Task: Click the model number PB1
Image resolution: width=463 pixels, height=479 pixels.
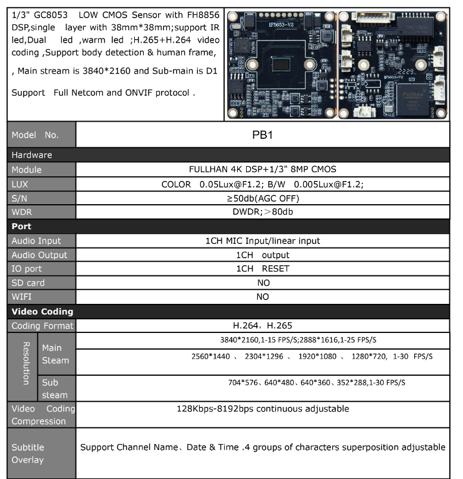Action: point(262,135)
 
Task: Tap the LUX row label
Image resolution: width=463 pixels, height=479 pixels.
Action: point(20,184)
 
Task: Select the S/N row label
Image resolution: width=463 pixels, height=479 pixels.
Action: point(19,198)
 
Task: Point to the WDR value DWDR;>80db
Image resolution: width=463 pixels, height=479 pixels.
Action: point(263,212)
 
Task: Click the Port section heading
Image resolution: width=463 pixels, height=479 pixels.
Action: point(21,226)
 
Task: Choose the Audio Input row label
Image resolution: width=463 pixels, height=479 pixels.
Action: point(36,241)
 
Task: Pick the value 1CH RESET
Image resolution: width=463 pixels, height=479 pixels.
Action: point(263,269)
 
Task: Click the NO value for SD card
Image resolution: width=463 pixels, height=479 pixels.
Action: point(263,283)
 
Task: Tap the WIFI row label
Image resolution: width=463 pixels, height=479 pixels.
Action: point(21,297)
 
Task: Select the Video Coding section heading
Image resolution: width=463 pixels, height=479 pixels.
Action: point(42,311)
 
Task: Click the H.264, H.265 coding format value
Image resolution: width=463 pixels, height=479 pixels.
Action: point(262,326)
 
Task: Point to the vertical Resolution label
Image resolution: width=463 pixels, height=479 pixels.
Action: point(26,363)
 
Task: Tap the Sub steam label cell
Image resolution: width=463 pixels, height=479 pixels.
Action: point(55,389)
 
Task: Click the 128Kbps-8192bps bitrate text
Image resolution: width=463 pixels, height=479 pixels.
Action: point(263,409)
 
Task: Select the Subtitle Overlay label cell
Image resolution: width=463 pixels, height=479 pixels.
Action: point(28,453)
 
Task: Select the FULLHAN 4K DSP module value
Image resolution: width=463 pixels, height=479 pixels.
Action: point(263,170)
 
